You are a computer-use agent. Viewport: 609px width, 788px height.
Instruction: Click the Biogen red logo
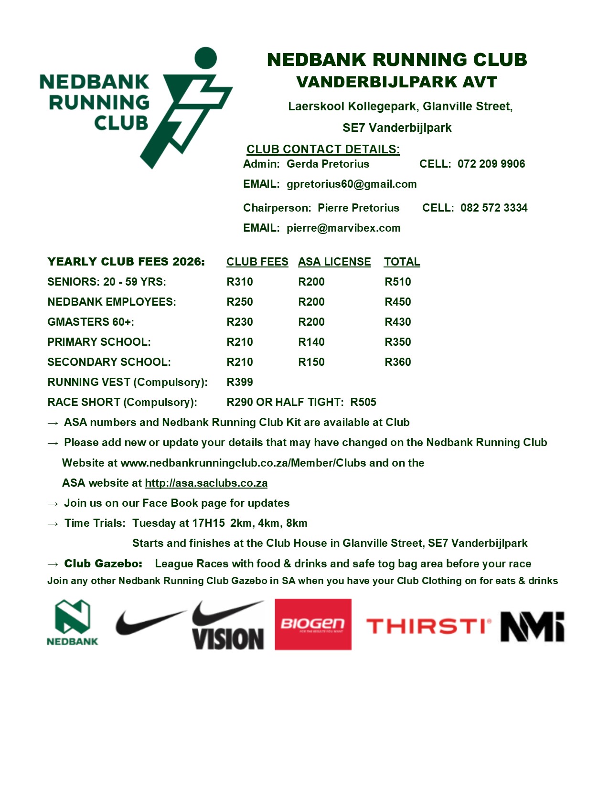(313, 624)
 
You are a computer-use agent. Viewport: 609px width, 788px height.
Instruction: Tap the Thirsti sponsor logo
(428, 626)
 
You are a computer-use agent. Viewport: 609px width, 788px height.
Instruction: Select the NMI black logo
(532, 626)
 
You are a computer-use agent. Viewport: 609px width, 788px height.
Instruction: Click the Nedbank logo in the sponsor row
(72, 623)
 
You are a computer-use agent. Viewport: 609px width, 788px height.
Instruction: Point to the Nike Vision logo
(228, 625)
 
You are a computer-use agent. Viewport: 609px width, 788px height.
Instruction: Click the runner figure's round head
(206, 58)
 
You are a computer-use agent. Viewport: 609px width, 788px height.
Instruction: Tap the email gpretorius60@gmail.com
(352, 184)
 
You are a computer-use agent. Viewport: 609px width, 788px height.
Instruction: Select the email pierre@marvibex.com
(343, 228)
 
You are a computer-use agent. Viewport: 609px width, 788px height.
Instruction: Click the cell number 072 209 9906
(491, 164)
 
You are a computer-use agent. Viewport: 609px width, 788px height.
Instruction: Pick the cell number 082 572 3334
(494, 208)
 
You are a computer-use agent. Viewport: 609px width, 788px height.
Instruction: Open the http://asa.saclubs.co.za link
(206, 483)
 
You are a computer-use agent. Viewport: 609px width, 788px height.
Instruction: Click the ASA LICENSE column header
(334, 262)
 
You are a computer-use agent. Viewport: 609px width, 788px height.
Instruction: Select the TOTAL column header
(402, 262)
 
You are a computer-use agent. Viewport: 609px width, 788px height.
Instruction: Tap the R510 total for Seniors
(397, 282)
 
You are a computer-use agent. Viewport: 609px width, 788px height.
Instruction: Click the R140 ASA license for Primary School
(311, 342)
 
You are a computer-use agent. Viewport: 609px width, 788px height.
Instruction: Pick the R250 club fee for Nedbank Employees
(239, 302)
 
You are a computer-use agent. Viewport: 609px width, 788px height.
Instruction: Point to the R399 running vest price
(239, 383)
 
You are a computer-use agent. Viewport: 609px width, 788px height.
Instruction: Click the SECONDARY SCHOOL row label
(109, 362)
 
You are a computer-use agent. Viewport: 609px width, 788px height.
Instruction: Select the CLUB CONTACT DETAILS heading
(323, 149)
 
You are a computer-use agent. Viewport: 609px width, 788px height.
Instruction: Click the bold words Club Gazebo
(103, 564)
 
